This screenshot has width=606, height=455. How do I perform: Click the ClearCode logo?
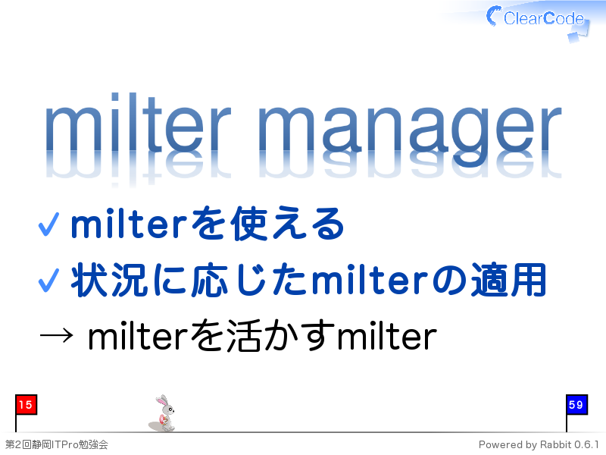click(x=538, y=20)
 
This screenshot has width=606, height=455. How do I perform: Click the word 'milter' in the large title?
click(x=138, y=122)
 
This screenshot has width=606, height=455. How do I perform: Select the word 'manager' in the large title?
click(x=410, y=130)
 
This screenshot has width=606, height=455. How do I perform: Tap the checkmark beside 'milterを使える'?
click(x=48, y=224)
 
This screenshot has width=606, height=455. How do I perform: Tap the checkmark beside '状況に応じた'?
click(x=48, y=281)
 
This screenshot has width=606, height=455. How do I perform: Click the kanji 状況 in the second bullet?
click(x=109, y=280)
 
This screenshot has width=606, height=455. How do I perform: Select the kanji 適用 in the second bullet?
click(x=508, y=280)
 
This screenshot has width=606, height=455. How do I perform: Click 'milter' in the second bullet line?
click(x=370, y=280)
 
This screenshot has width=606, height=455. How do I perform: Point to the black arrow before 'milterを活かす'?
click(x=56, y=335)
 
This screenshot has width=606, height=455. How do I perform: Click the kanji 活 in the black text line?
click(x=243, y=336)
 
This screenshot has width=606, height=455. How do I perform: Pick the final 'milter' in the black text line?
click(x=387, y=336)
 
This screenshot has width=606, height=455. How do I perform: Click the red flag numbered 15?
click(x=26, y=405)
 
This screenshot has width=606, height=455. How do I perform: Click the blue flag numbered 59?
click(x=576, y=405)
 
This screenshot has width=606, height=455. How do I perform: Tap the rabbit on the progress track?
click(x=163, y=413)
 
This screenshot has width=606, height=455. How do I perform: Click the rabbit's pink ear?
click(x=161, y=400)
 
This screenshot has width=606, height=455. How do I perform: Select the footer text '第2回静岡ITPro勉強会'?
click(x=56, y=444)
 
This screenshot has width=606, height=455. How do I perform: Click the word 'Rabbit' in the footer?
click(x=555, y=444)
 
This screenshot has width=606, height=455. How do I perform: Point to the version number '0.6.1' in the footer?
click(x=586, y=444)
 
